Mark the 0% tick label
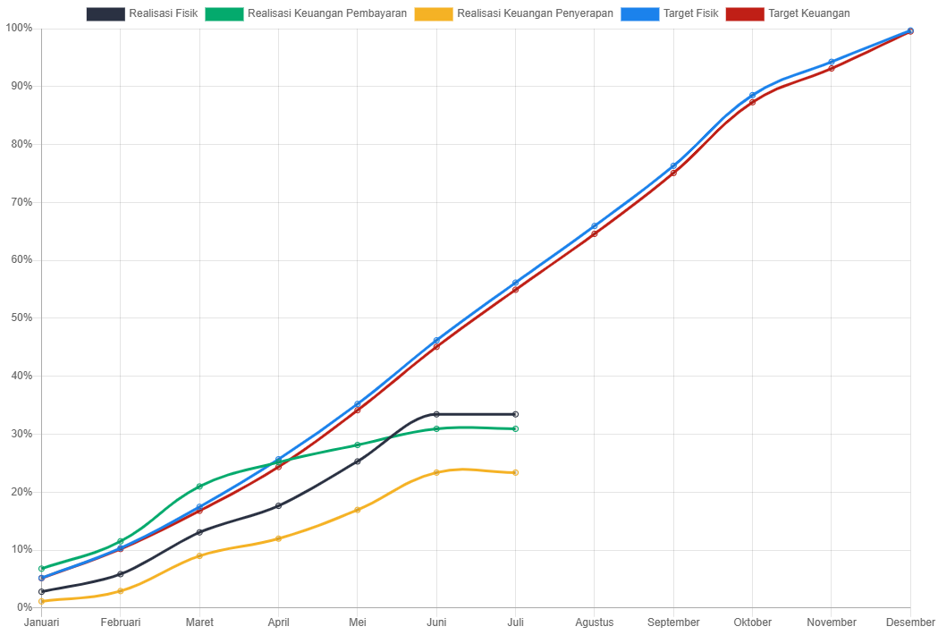(x=23, y=607)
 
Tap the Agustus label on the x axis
(x=595, y=622)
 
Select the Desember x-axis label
(x=910, y=622)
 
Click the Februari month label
(x=121, y=622)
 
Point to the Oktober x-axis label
(x=753, y=622)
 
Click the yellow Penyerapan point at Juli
(x=516, y=472)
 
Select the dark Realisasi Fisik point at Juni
(x=436, y=414)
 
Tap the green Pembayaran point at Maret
(x=199, y=487)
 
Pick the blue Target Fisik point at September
(x=673, y=166)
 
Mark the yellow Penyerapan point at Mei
(x=358, y=510)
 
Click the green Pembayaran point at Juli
(x=516, y=428)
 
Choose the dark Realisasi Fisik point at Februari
(x=121, y=574)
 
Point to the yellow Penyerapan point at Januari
(x=42, y=601)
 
